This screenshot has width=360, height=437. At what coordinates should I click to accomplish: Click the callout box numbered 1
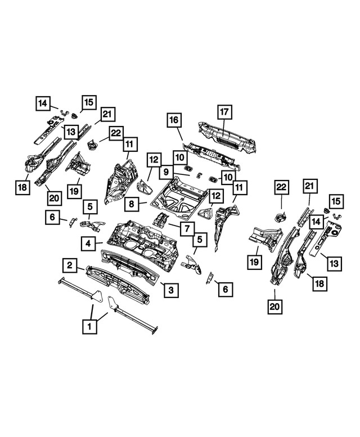coord(88,325)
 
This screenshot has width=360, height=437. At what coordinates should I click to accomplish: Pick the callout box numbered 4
coord(88,244)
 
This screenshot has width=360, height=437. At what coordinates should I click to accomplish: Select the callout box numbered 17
coord(223,112)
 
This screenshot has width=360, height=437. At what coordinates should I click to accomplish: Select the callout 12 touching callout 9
coord(154,159)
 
